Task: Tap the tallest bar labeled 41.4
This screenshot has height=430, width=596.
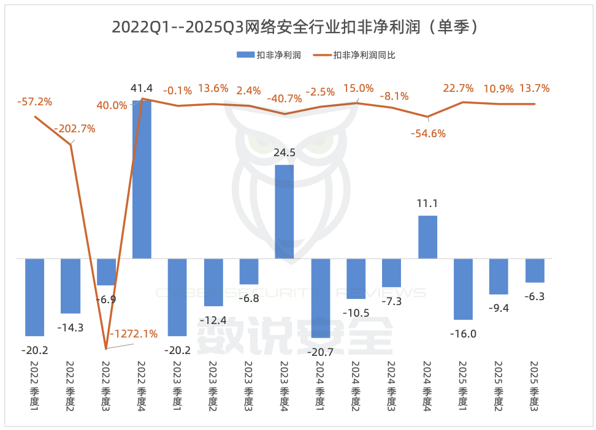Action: [142, 179]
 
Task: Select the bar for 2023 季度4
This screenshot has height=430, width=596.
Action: [284, 211]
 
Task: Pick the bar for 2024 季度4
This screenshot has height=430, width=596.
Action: [427, 237]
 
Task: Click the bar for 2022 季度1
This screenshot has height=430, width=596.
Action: [34, 297]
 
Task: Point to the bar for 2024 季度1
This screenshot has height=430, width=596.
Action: [320, 298]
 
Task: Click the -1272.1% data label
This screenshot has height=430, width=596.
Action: [133, 334]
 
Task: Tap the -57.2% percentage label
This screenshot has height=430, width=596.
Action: [34, 101]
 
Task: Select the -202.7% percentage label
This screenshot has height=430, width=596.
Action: [74, 129]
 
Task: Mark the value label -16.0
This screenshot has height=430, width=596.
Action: [463, 334]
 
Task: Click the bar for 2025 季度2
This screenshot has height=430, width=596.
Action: [499, 276]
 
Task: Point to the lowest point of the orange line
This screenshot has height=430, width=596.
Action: [106, 349]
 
